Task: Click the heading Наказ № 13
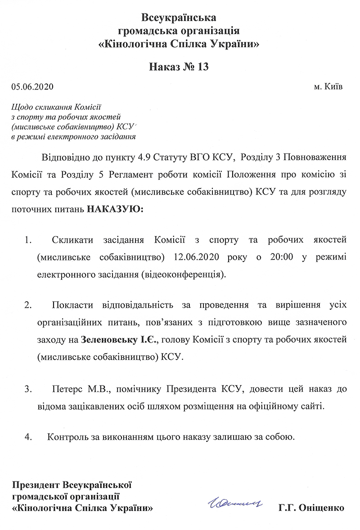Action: (180, 67)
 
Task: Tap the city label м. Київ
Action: (328, 86)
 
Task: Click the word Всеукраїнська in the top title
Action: (180, 18)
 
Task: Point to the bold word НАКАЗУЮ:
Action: (114, 209)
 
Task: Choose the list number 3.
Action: (28, 389)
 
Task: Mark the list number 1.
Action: (28, 241)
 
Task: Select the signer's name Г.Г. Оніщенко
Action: (311, 507)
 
